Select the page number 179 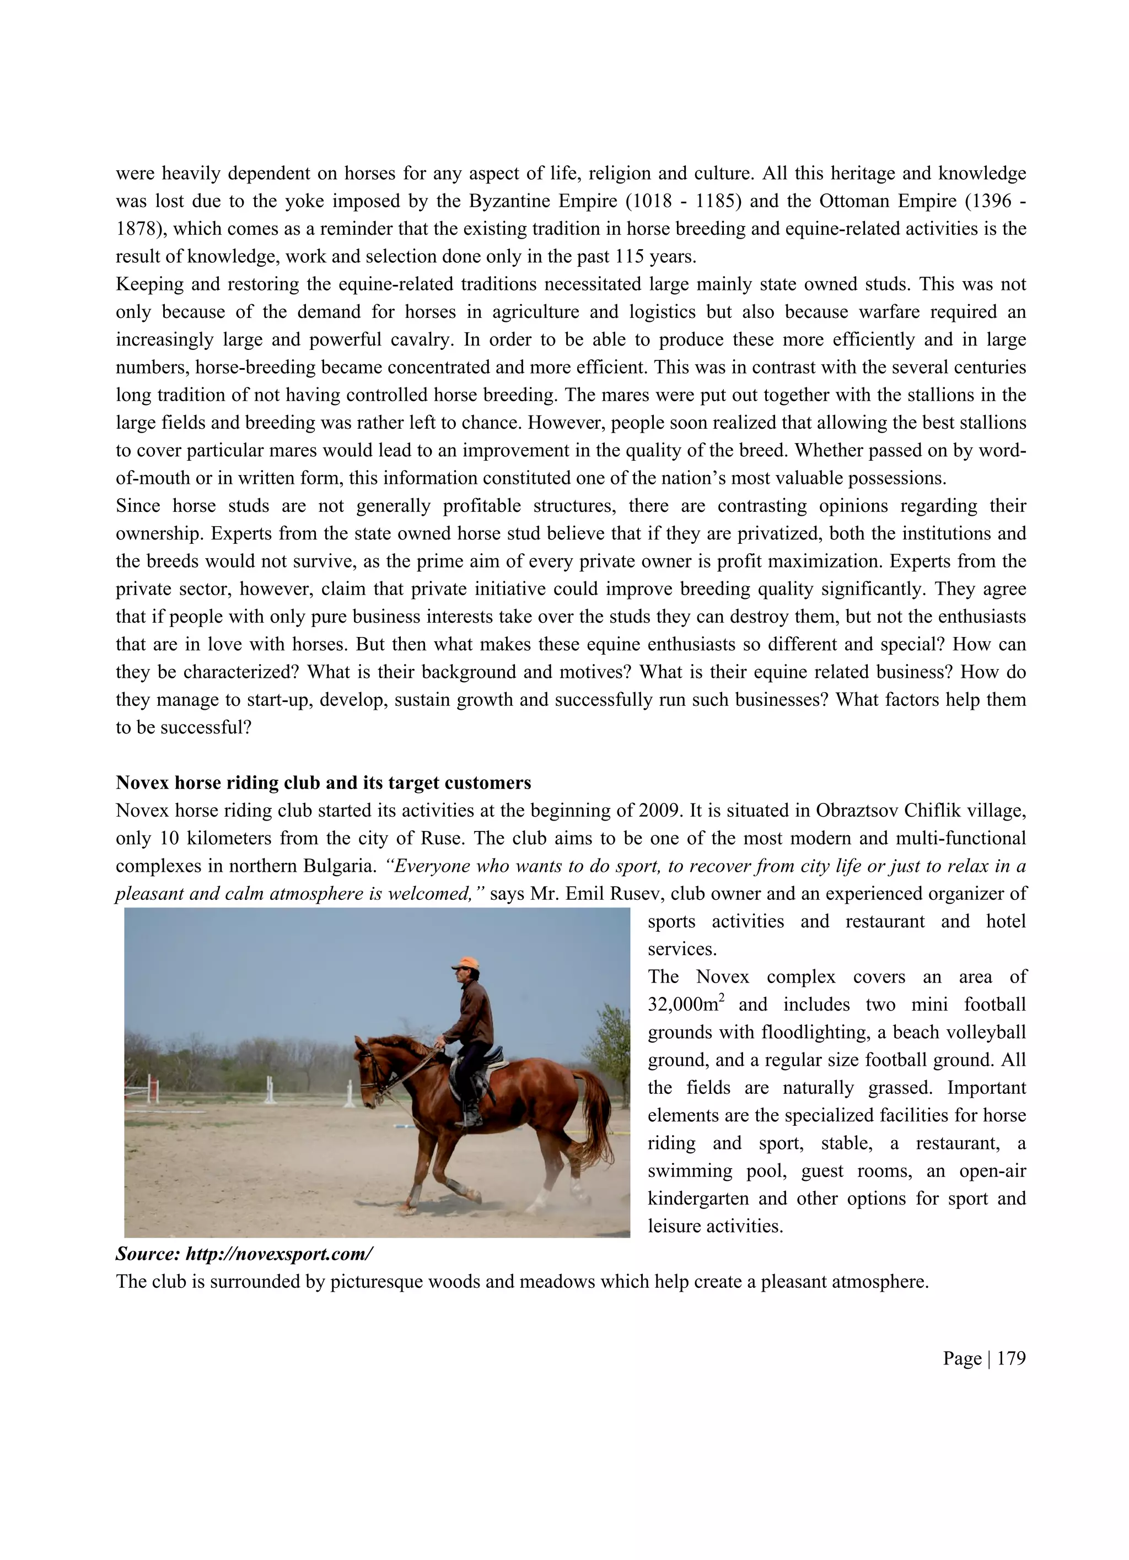(1010, 1358)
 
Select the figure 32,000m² (685, 1005)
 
